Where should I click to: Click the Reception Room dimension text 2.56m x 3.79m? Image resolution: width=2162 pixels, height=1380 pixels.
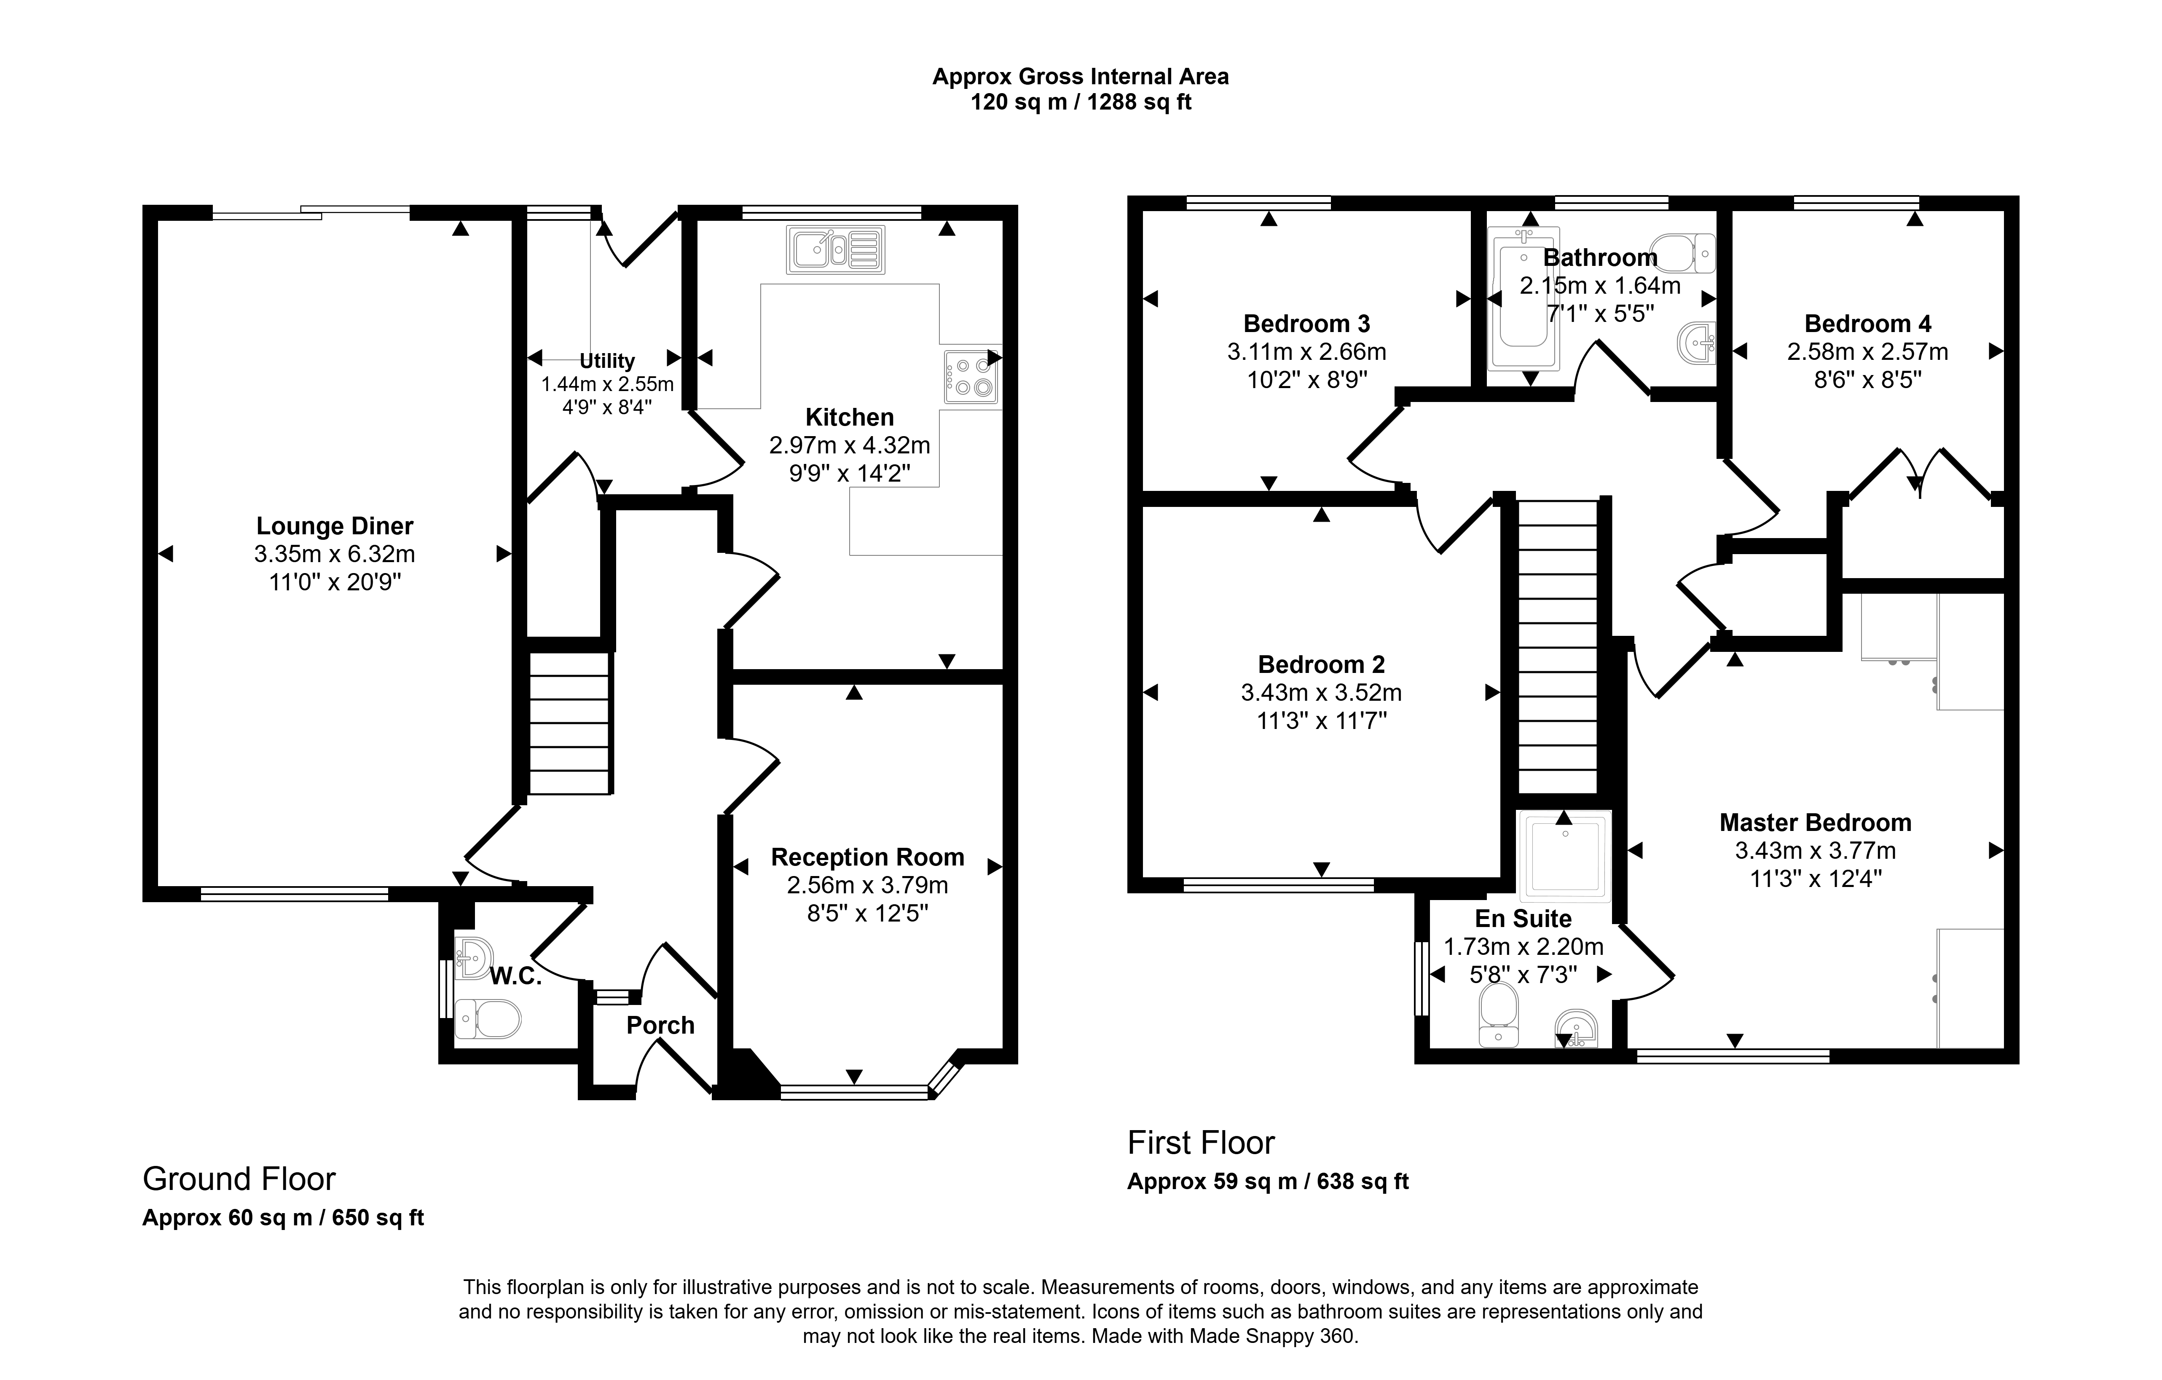[x=867, y=885]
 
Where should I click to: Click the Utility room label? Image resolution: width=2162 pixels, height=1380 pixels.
[x=607, y=361]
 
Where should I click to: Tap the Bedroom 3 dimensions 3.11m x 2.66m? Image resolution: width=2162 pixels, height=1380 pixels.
[x=1306, y=352]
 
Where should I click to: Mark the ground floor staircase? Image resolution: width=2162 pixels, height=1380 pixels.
[x=569, y=723]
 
